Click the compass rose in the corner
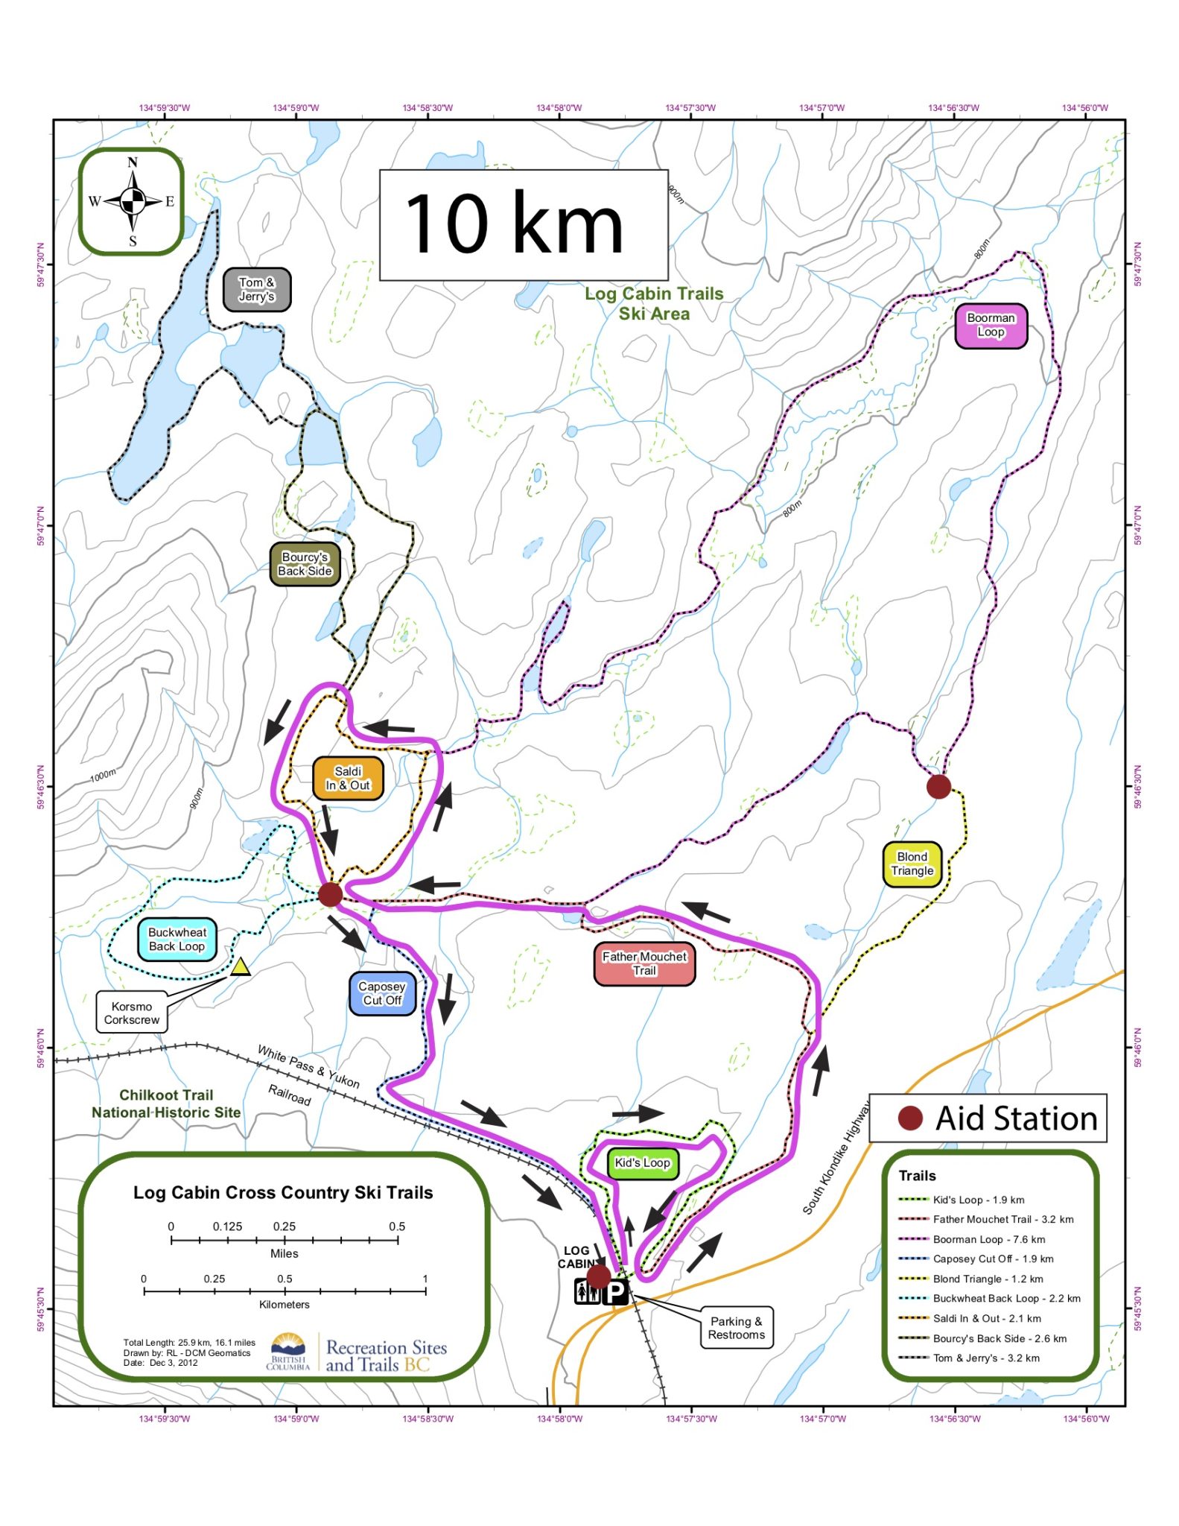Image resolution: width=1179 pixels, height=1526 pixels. (x=133, y=201)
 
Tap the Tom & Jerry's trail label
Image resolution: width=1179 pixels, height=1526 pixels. (x=257, y=290)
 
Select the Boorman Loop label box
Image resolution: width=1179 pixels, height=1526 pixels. (x=991, y=326)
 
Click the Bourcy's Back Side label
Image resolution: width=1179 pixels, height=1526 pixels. (x=305, y=564)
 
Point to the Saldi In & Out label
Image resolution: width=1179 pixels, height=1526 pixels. (x=348, y=779)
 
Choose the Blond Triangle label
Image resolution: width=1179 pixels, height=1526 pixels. (x=912, y=864)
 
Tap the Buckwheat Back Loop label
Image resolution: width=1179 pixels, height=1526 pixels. (x=177, y=940)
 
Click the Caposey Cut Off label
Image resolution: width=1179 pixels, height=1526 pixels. (x=382, y=994)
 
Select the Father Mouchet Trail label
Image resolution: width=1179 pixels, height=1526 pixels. (x=644, y=963)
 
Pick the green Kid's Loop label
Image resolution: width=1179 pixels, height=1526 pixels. (x=642, y=1163)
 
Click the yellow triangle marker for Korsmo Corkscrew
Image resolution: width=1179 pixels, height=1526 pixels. (x=240, y=967)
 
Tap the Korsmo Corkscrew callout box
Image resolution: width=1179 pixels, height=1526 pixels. (x=132, y=1013)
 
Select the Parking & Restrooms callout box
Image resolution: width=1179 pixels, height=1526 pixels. (x=736, y=1328)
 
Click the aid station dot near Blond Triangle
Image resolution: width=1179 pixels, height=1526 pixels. (x=938, y=786)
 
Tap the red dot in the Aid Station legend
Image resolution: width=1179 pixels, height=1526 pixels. (x=910, y=1118)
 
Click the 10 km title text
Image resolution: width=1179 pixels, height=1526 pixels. (x=514, y=224)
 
